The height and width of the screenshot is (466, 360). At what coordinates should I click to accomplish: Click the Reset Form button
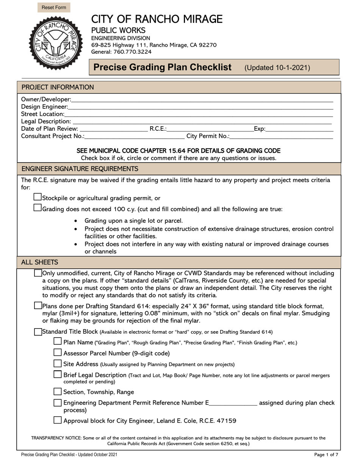[54, 8]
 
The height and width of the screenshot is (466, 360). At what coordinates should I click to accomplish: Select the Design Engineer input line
[200, 106]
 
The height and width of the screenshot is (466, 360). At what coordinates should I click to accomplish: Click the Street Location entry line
[199, 114]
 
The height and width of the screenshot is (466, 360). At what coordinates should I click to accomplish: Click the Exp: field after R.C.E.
[299, 129]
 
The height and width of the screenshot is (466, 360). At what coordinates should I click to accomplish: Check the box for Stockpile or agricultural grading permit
[38, 197]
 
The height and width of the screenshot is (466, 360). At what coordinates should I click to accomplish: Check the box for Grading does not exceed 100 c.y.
[38, 208]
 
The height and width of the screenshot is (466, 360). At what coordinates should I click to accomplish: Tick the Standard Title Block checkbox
[38, 332]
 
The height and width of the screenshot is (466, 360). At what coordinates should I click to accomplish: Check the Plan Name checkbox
[58, 342]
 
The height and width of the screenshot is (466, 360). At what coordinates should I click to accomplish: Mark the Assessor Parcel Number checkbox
[58, 353]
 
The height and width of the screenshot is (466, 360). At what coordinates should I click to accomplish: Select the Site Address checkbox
[58, 364]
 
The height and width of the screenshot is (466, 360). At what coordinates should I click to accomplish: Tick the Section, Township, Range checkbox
[58, 392]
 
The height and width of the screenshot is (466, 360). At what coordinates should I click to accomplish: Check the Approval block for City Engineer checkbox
[58, 420]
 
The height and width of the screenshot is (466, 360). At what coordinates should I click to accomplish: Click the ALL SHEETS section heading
[40, 262]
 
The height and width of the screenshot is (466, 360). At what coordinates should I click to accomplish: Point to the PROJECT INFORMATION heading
[58, 87]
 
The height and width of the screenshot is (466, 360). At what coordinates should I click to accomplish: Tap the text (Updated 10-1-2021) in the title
[277, 68]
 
